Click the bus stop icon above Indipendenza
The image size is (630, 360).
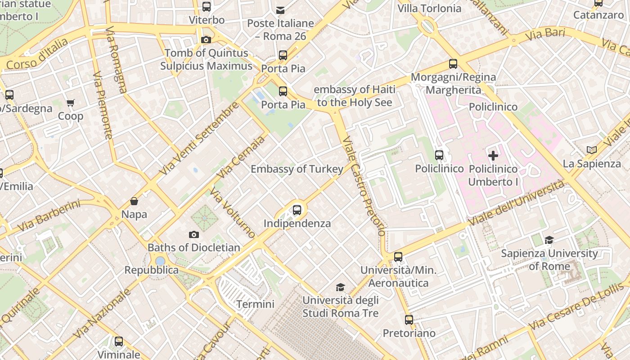297,210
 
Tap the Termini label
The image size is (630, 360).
255,304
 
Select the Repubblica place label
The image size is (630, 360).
152,270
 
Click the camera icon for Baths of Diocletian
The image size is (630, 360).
194,234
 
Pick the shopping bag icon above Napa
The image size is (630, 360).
134,201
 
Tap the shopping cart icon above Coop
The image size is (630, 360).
71,103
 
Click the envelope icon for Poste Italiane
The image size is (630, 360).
280,10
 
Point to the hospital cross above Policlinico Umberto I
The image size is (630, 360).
493,156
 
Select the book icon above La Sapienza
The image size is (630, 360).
592,150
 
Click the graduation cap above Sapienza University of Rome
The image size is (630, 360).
549,240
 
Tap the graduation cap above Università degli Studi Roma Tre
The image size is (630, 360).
341,287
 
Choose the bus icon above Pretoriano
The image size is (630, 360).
409,320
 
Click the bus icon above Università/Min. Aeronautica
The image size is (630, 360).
398,257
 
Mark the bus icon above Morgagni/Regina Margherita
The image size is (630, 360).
453,64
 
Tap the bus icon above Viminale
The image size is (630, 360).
119,342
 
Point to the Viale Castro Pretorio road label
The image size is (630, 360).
364,186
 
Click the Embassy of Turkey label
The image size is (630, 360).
297,169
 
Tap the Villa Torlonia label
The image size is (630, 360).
429,9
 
